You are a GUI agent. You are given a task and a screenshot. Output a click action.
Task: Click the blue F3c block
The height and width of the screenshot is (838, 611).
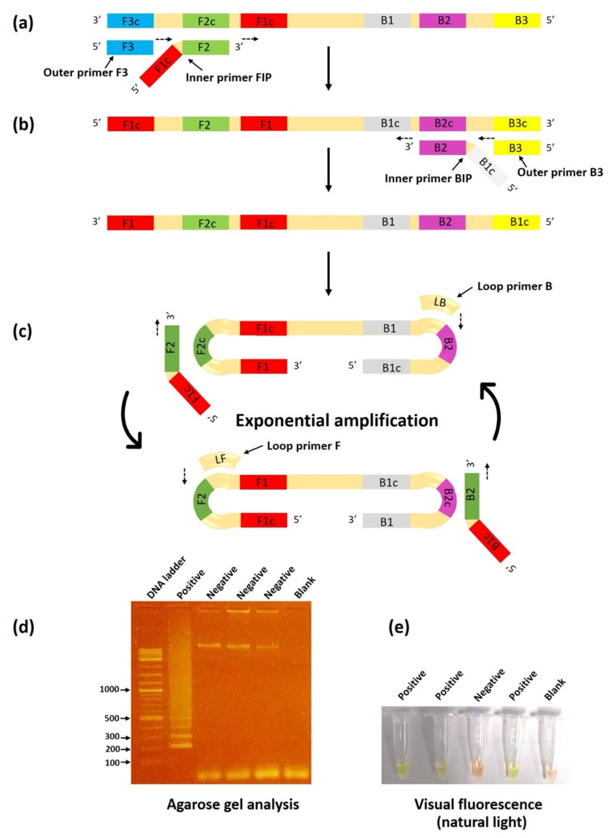coord(130,21)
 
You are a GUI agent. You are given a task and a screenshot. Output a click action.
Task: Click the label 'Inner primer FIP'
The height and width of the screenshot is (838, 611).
coord(228,78)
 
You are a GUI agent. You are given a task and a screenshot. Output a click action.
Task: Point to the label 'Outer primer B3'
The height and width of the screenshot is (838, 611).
coord(560,172)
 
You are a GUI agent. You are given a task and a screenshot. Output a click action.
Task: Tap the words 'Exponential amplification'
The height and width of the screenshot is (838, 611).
coord(337,420)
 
